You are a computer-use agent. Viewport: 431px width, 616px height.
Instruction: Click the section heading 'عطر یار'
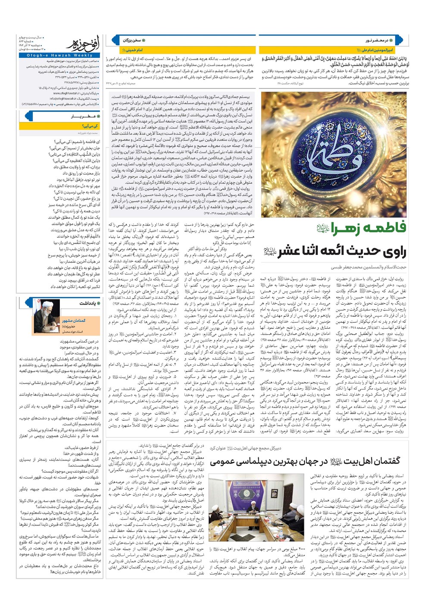[x=82, y=116]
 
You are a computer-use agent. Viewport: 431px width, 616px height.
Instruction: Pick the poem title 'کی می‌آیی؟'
[x=90, y=126]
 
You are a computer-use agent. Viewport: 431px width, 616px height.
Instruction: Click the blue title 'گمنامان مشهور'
[x=74, y=321]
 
